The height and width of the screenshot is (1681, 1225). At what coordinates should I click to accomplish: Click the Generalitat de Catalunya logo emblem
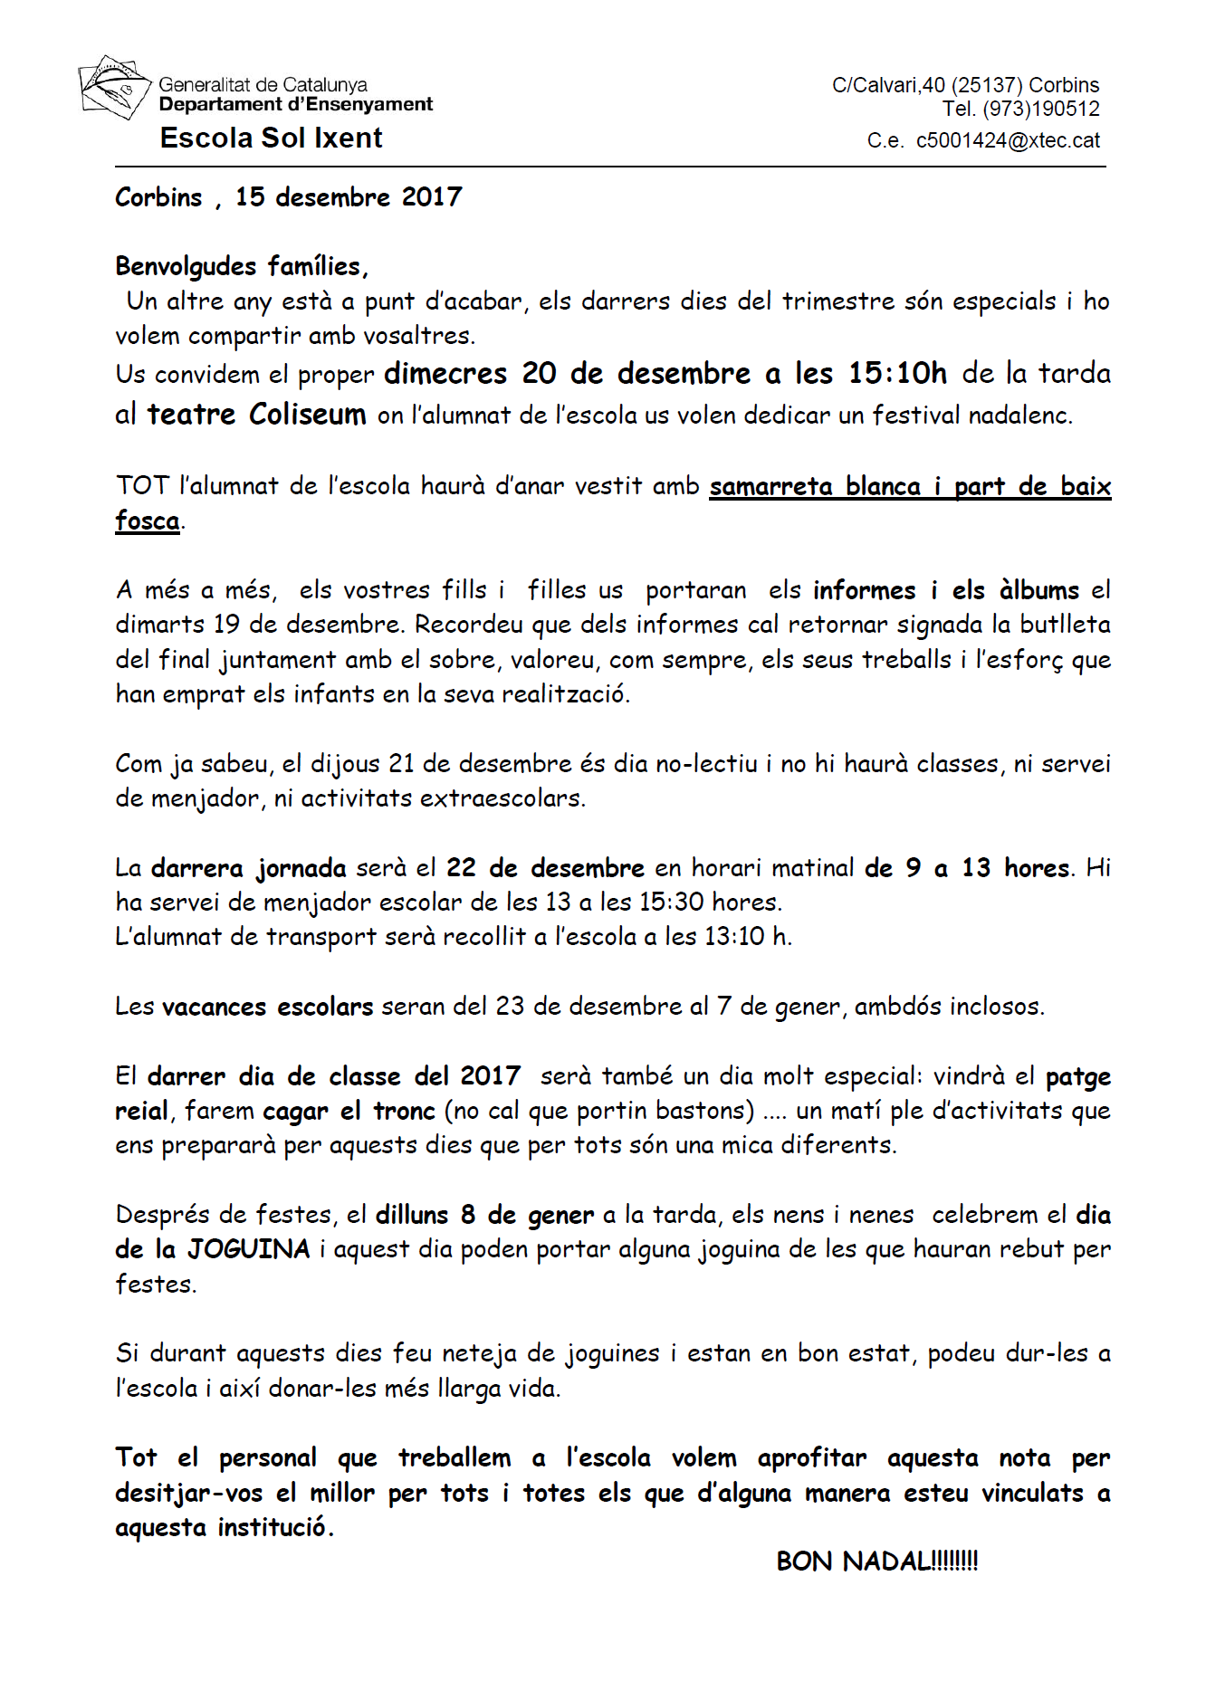point(112,88)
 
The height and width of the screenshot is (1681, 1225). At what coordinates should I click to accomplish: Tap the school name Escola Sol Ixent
point(271,138)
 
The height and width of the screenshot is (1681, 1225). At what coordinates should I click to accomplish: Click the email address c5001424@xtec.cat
point(1008,140)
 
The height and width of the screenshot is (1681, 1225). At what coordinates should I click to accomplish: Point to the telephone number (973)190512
point(1040,110)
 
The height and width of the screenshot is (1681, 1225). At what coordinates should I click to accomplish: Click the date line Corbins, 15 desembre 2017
point(288,197)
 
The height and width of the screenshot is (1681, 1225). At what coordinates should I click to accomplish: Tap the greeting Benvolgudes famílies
point(241,266)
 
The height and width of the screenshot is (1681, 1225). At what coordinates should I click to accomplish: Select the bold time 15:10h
point(897,373)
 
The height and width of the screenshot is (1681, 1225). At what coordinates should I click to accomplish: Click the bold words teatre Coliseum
point(256,415)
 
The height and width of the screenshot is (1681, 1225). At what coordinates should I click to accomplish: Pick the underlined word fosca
point(147,521)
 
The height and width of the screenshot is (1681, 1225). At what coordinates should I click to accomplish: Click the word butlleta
point(1065,625)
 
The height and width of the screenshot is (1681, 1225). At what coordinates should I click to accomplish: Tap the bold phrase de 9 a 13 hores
point(967,868)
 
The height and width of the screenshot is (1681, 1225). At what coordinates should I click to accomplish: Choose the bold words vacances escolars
point(267,1007)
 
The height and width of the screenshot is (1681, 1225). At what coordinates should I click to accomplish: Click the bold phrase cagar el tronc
point(349,1111)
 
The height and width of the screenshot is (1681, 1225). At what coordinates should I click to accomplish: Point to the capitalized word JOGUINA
point(248,1249)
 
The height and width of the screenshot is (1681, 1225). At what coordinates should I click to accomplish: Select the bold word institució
point(273,1527)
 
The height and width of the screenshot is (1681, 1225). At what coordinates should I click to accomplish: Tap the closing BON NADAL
point(876,1562)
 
